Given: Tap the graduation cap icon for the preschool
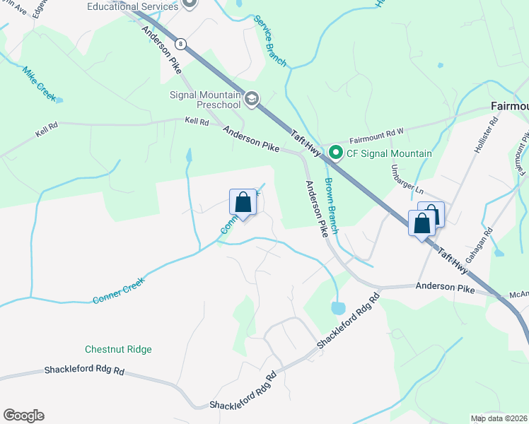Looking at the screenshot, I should pyautogui.click(x=252, y=99).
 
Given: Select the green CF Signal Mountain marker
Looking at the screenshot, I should pyautogui.click(x=336, y=153).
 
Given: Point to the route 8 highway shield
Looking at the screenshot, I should pyautogui.click(x=182, y=44).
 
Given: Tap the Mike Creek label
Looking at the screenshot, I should pyautogui.click(x=38, y=82).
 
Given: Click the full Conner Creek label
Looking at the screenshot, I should pyautogui.click(x=119, y=290).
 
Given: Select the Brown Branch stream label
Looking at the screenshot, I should pyautogui.click(x=333, y=204).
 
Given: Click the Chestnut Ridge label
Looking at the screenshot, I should pyautogui.click(x=118, y=349).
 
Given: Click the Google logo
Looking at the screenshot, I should pyautogui.click(x=23, y=416).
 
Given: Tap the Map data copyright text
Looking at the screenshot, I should pyautogui.click(x=499, y=418).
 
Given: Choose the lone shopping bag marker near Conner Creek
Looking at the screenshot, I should pyautogui.click(x=243, y=203).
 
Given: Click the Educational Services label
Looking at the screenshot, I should pyautogui.click(x=132, y=6).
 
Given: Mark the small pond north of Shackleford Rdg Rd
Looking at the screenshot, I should pyautogui.click(x=338, y=308).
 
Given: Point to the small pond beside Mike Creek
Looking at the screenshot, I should pyautogui.click(x=59, y=100).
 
